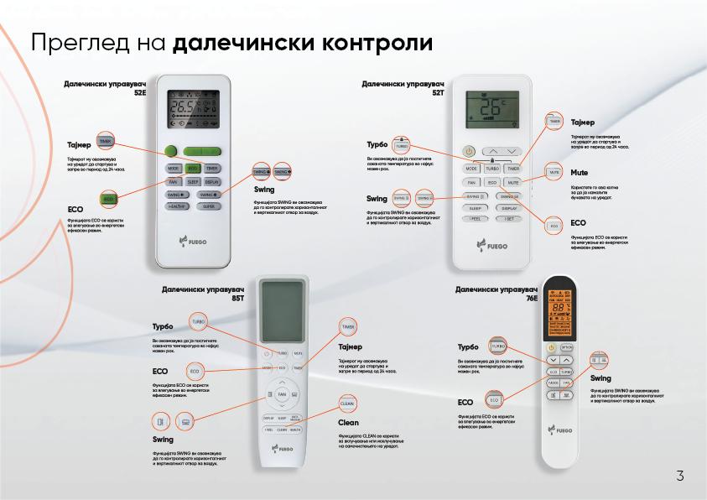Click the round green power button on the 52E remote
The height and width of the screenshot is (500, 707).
tap(171, 152)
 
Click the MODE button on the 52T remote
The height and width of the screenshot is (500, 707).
tap(472, 169)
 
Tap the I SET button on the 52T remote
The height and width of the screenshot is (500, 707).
tap(508, 220)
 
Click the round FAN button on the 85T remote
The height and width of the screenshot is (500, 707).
tap(282, 393)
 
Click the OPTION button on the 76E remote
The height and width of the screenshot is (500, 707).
tap(568, 346)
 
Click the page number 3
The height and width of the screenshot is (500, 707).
tap(680, 477)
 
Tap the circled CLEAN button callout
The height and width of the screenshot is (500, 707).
tap(347, 404)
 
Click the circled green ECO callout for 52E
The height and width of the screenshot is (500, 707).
tap(108, 198)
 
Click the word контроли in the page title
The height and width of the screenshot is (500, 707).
tap(379, 42)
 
